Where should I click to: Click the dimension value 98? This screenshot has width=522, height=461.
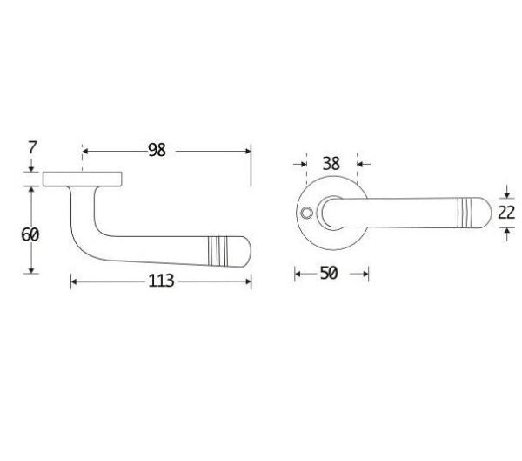pos(157,151)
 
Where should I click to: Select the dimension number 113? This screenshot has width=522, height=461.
pos(161,281)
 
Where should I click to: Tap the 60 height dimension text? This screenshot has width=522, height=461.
pos(30,234)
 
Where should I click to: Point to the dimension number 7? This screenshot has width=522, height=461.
pos(32,147)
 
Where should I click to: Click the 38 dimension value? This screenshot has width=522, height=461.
pos(331,164)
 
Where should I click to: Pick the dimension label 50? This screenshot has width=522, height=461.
pos(329,273)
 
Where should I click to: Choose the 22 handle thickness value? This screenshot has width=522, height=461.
pos(506,213)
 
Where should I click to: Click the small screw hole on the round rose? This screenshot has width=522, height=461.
pos(306,213)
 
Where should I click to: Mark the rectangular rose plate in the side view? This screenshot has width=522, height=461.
pos(83,180)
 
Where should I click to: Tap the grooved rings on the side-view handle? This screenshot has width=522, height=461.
pos(217,251)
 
